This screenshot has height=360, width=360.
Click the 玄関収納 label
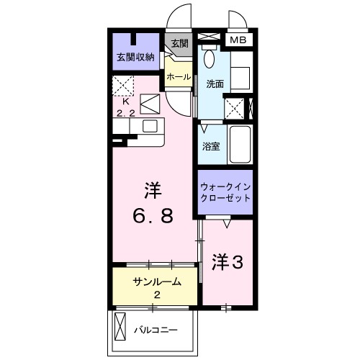136,57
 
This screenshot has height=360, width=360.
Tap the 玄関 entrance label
179,43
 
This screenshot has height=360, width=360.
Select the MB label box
238,40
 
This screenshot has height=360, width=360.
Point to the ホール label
178,76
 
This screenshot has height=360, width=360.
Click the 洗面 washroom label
215,84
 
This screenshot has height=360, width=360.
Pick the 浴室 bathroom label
211,145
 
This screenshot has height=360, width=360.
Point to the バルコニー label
156,330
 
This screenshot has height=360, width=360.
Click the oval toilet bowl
210,58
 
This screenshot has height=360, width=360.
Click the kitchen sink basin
150,126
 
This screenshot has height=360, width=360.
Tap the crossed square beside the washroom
234,109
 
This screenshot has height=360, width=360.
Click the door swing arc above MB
236,18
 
